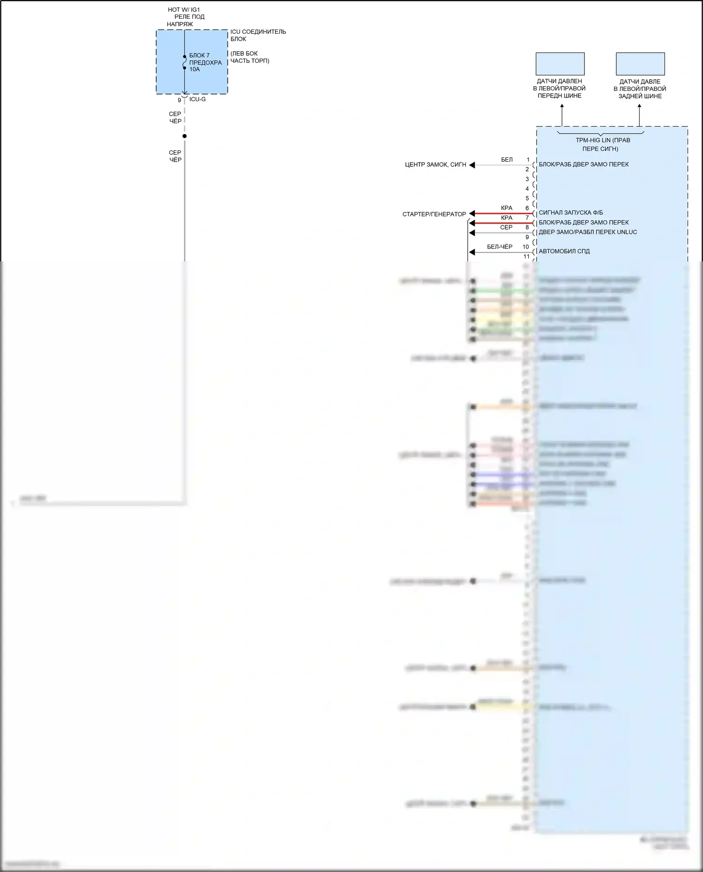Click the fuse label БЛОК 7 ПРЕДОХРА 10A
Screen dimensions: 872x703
[205, 62]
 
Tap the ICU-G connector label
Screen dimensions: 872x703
[197, 99]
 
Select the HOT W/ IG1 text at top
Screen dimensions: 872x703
[184, 9]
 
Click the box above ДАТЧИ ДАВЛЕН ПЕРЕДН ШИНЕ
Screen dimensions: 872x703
[560, 64]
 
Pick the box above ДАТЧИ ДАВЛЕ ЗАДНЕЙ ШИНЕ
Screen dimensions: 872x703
[640, 64]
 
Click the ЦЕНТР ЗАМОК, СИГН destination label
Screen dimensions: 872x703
[435, 165]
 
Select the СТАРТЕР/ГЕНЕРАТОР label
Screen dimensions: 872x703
[434, 214]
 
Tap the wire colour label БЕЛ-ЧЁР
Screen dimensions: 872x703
[500, 246]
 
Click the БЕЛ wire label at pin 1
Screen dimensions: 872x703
[507, 160]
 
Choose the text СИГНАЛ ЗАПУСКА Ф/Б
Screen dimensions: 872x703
[570, 213]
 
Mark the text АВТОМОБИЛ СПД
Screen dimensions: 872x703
[564, 251]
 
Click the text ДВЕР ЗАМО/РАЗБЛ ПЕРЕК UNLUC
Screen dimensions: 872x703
[588, 232]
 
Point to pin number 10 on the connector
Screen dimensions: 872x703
[526, 247]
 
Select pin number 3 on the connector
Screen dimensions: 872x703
[527, 179]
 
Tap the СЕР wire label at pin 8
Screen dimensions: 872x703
[506, 227]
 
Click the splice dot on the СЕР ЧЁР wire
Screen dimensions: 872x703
[185, 136]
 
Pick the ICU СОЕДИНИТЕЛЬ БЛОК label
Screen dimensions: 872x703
[258, 35]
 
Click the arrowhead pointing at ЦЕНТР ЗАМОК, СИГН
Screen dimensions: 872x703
[472, 165]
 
